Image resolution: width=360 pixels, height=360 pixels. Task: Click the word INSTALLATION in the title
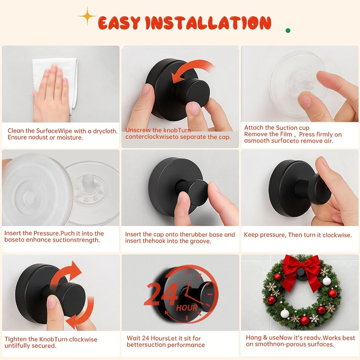(208, 23)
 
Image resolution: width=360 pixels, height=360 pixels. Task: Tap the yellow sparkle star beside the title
(87, 16)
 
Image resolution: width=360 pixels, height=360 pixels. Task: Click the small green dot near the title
(288, 31)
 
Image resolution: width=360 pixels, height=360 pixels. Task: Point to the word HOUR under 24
(187, 308)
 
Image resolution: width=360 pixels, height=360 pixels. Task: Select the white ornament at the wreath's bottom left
(285, 313)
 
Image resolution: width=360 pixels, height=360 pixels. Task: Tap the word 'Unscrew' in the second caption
(138, 130)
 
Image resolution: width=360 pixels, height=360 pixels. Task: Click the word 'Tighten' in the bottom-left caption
(16, 339)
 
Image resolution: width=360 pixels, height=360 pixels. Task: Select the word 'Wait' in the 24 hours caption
(134, 338)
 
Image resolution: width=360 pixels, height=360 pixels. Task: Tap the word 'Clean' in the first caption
(16, 131)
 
